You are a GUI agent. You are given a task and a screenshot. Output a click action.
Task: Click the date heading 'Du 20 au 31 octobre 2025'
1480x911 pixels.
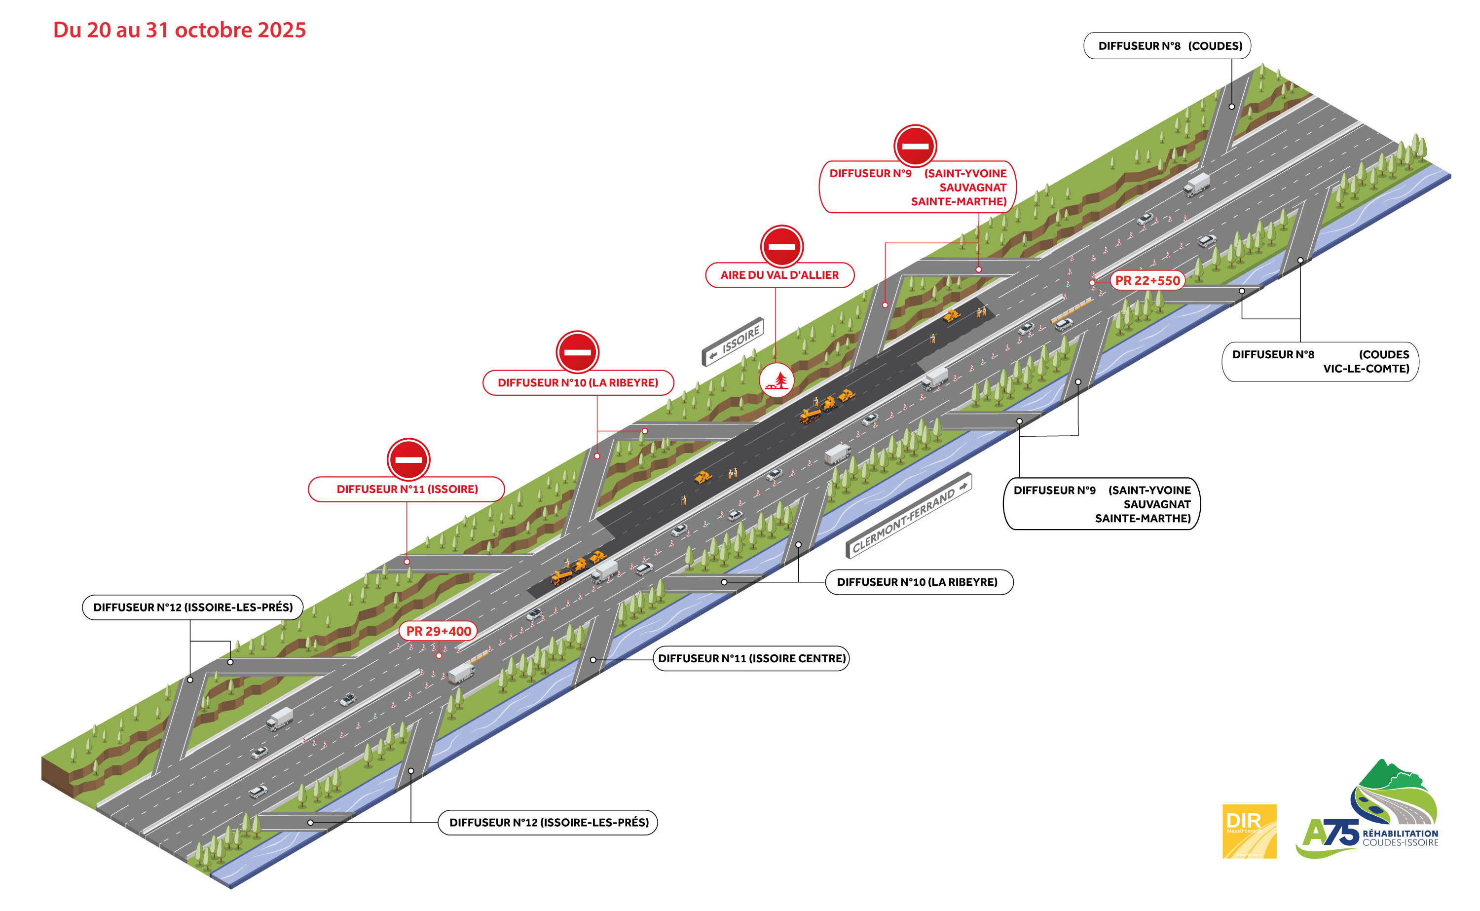[x=180, y=30]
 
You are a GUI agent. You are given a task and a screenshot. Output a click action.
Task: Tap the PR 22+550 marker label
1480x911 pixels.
[x=1147, y=281]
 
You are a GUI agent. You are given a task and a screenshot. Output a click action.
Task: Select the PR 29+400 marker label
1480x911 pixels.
[x=439, y=632]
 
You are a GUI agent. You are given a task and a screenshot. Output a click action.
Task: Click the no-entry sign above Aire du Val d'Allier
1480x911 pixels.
[x=781, y=246]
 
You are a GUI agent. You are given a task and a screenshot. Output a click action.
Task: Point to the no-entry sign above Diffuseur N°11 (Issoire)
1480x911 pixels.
[x=408, y=460]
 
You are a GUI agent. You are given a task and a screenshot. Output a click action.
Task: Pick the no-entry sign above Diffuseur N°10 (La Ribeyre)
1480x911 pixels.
[x=577, y=352]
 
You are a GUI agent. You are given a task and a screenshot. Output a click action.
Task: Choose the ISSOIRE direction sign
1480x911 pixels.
[x=733, y=342]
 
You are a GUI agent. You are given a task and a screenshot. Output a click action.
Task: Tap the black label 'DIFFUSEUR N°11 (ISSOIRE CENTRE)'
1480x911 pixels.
[x=751, y=658]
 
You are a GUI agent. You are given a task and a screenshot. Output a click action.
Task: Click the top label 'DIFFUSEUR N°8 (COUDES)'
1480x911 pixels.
[x=1166, y=46]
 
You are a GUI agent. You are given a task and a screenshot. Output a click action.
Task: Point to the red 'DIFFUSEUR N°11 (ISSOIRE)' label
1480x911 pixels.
[x=407, y=489]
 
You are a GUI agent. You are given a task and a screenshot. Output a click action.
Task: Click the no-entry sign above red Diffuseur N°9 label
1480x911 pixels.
[x=915, y=146]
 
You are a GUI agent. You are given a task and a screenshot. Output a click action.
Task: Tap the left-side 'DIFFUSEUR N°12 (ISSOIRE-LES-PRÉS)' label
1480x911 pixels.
[x=193, y=607]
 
